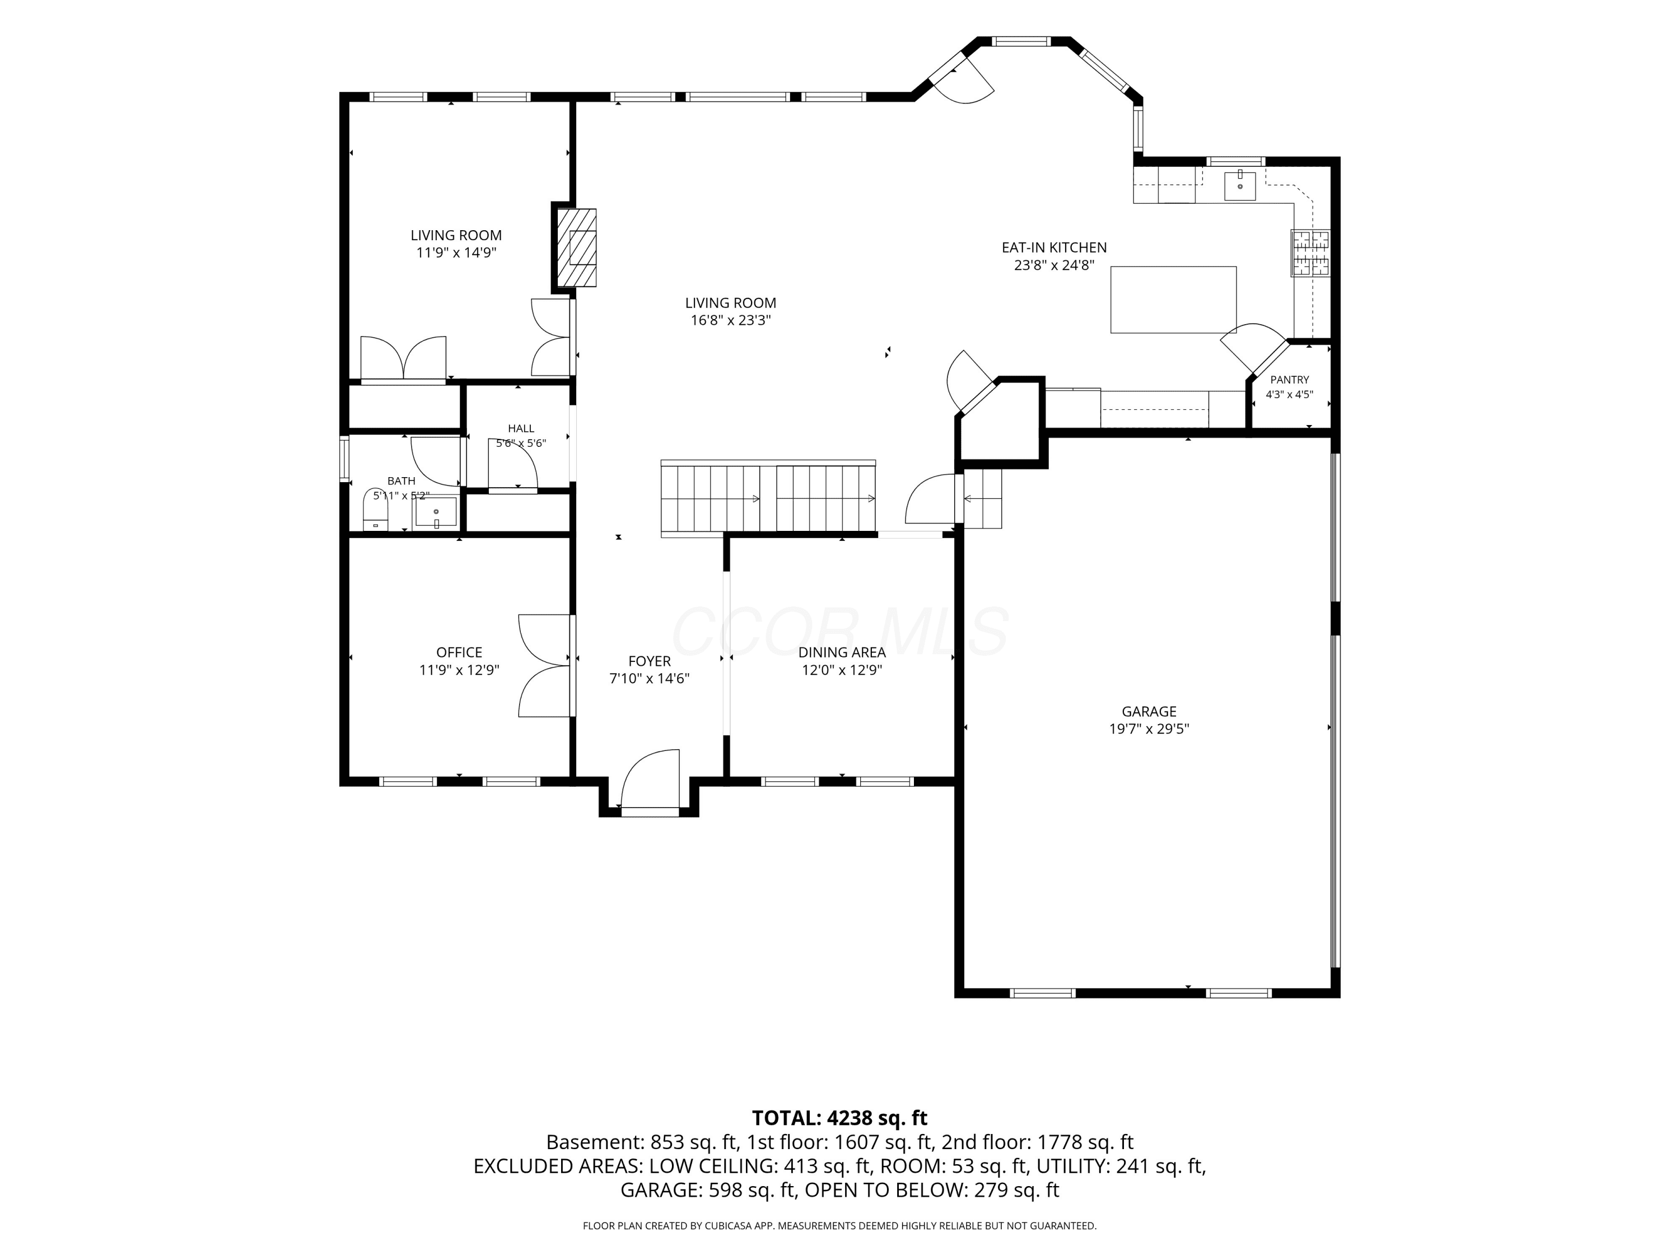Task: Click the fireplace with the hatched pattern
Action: coord(577,247)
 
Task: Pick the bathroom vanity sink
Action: coord(436,512)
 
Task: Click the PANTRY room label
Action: coord(1290,380)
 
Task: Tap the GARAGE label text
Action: coord(1149,712)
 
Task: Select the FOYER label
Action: coord(650,661)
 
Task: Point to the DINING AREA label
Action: coord(842,652)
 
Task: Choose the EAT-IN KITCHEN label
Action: coord(1054,248)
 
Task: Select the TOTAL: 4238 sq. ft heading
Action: coord(840,1118)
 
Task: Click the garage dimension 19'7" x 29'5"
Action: coord(1149,729)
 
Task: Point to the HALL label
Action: coord(521,429)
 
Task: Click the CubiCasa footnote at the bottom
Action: coord(840,1226)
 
